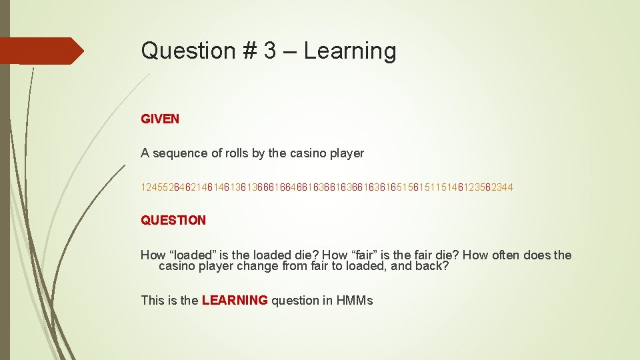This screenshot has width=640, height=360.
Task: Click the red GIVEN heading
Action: coord(160,119)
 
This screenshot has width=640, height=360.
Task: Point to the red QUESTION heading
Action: coord(173,220)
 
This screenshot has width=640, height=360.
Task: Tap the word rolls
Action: coord(237,153)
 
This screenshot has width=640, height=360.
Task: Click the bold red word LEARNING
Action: coord(234,301)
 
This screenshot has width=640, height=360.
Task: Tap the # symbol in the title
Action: coord(250,51)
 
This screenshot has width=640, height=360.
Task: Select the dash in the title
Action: coord(291,51)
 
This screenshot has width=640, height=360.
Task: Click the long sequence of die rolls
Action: coord(327,188)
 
